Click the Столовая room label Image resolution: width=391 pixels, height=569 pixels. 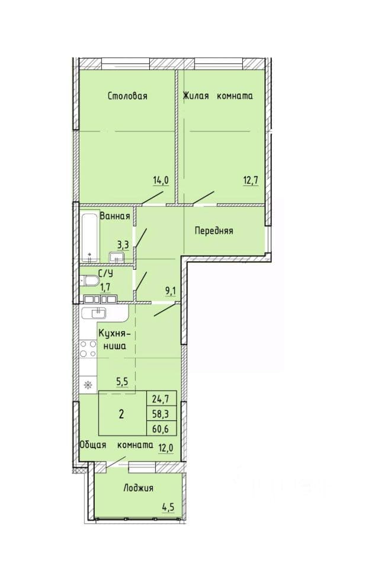tap(128, 96)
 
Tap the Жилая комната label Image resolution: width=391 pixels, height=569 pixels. tap(217, 96)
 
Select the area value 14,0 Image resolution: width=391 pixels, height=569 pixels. tap(161, 180)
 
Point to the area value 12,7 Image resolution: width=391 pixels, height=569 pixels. tap(251, 180)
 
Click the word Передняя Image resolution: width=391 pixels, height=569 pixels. tap(214, 231)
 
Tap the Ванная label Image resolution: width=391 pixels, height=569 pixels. tap(114, 216)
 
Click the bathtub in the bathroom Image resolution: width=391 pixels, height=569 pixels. tap(89, 238)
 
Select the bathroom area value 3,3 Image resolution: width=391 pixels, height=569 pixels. tap(123, 245)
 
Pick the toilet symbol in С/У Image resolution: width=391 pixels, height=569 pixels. tap(89, 280)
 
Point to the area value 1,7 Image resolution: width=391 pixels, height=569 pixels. tap(105, 288)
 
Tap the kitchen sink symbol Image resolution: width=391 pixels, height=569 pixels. tap(94, 313)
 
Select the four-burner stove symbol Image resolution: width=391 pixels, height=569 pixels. tap(88, 349)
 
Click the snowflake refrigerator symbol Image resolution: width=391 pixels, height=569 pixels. tap(88, 385)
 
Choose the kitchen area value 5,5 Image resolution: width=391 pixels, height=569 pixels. tap(122, 382)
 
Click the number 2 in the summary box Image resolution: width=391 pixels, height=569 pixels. tap(121, 414)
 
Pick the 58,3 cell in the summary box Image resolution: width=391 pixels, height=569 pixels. tap(161, 413)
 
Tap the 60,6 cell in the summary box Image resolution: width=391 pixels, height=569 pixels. tap(161, 428)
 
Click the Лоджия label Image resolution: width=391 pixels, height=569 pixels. tap(138, 488)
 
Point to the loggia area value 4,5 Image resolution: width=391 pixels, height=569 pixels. tap(168, 507)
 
